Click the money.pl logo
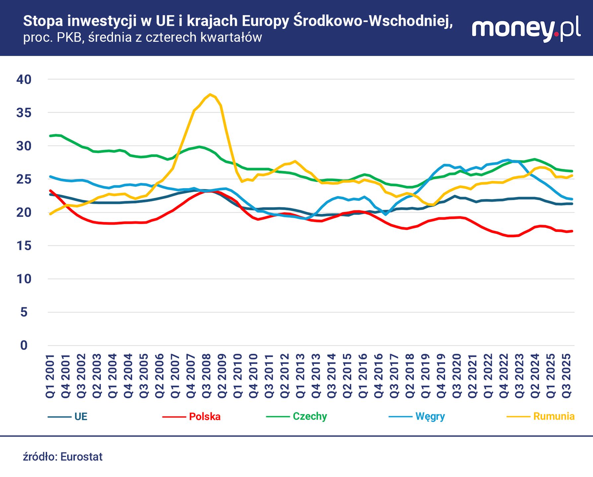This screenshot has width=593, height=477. [x=526, y=28]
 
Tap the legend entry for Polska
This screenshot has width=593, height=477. [x=204, y=416]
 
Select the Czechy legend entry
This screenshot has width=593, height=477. [x=309, y=416]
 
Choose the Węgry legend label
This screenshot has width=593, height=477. [x=430, y=416]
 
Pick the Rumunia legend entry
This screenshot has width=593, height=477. [x=554, y=416]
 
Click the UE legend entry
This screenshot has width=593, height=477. [x=81, y=416]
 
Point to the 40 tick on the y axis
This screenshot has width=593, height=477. [x=24, y=79]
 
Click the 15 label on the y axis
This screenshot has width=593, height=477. [x=24, y=246]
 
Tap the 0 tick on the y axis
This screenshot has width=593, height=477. [x=24, y=345]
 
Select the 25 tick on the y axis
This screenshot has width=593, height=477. [x=24, y=179]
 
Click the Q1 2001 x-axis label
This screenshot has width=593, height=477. [x=50, y=376]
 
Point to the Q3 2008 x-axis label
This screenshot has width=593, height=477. [x=207, y=376]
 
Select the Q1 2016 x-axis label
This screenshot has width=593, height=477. [x=363, y=376]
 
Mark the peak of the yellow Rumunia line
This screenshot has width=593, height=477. [x=210, y=94]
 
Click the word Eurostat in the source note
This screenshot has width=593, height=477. [x=82, y=457]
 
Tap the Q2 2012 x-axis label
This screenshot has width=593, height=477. [x=285, y=376]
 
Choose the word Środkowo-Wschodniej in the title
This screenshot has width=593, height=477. [x=373, y=21]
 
